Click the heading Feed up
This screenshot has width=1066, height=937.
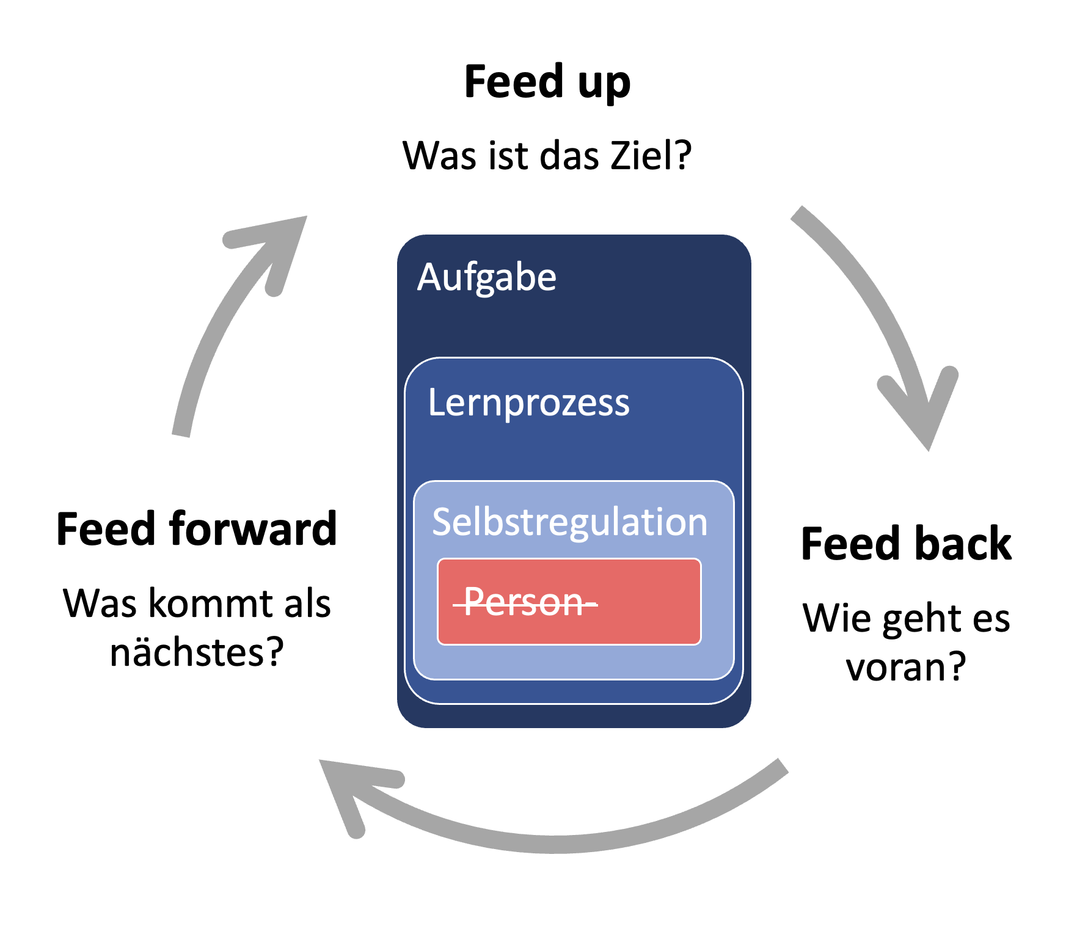pyautogui.click(x=547, y=82)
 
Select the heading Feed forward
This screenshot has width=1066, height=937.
pyautogui.click(x=197, y=528)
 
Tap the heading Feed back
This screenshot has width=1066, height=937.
pyautogui.click(x=907, y=543)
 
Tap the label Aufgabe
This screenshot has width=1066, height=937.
pyautogui.click(x=487, y=278)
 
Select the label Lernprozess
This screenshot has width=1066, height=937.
pyautogui.click(x=529, y=403)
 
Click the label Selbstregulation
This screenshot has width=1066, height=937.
pyautogui.click(x=570, y=523)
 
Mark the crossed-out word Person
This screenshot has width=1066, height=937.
pyautogui.click(x=525, y=602)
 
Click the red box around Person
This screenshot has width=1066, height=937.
pyautogui.click(x=569, y=602)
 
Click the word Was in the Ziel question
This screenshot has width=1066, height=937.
pyautogui.click(x=439, y=155)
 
